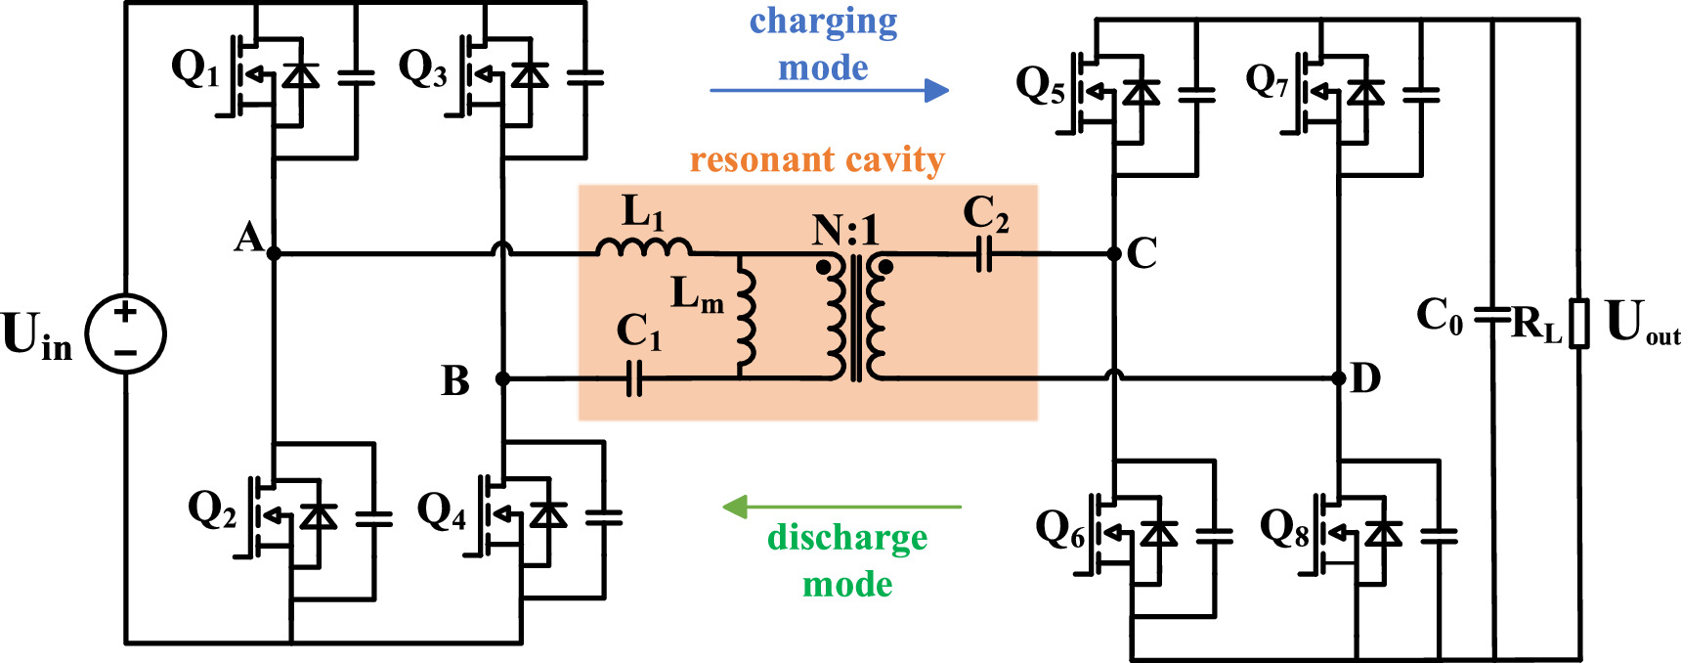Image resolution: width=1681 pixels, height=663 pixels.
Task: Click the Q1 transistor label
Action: (194, 68)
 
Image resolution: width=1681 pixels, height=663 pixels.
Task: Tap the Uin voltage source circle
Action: (126, 333)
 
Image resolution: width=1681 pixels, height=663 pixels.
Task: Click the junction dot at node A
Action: (274, 253)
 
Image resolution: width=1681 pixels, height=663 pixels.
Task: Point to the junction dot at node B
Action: (502, 378)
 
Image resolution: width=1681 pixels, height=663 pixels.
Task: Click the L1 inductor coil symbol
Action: (644, 247)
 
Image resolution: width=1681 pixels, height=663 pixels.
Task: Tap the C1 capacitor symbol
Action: (633, 378)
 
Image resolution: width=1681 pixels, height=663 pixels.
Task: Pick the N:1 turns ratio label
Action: (845, 231)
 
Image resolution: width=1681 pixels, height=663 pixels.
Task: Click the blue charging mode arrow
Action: (829, 91)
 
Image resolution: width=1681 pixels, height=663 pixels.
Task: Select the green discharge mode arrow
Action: (840, 507)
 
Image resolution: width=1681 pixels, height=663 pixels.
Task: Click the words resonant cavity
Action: (817, 159)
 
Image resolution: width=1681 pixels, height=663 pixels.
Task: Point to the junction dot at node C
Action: (1114, 253)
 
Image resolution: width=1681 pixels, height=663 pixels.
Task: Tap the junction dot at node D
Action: (1339, 378)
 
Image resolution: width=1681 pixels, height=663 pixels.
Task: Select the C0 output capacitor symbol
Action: (1493, 315)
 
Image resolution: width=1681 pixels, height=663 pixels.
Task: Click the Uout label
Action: (1640, 323)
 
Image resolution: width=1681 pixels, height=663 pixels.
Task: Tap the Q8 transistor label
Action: (1284, 528)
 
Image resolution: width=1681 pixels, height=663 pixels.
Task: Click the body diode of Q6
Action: (1159, 534)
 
